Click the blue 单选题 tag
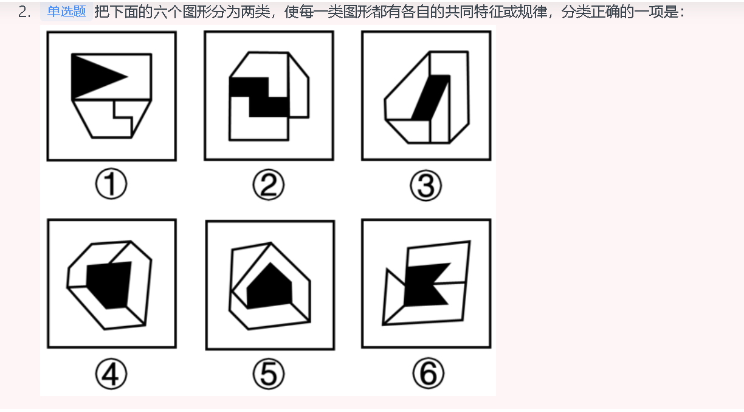[x=66, y=12]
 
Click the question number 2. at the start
[x=24, y=12]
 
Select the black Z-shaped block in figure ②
[x=258, y=96]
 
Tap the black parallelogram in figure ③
[x=431, y=97]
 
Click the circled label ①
[x=111, y=185]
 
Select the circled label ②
[x=269, y=186]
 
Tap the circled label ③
[x=425, y=186]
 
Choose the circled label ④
[x=111, y=373]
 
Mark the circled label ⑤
[x=269, y=373]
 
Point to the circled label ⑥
[x=427, y=373]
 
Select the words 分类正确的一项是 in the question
[x=620, y=12]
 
